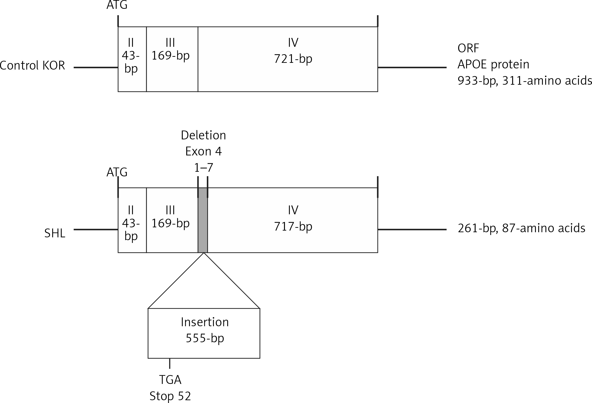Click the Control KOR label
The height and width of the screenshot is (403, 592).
click(x=32, y=65)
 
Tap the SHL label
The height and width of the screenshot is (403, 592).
click(x=55, y=233)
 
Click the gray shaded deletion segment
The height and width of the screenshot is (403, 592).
click(x=203, y=220)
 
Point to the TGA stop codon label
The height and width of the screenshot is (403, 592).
click(x=170, y=379)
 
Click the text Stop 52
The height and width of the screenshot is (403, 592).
click(x=170, y=396)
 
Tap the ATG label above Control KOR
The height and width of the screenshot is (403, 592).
click(x=117, y=5)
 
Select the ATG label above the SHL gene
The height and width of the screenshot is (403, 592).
click(x=117, y=172)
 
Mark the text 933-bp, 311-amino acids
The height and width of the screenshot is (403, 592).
click(x=524, y=81)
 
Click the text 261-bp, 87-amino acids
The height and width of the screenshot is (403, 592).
click(x=521, y=228)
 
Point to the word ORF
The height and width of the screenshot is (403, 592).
click(x=468, y=48)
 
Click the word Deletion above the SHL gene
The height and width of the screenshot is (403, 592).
click(x=203, y=135)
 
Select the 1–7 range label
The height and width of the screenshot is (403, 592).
click(x=203, y=168)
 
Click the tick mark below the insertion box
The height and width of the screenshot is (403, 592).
click(x=170, y=363)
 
